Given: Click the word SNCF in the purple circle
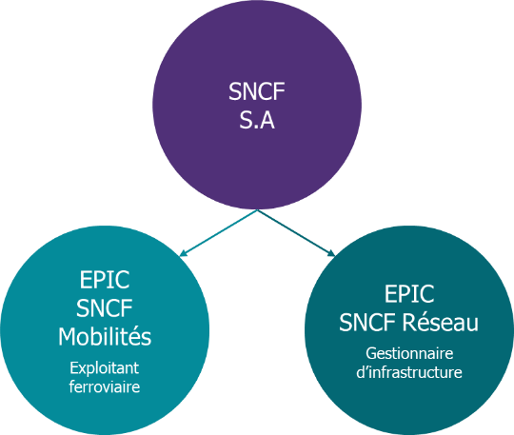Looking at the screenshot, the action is click(257, 91).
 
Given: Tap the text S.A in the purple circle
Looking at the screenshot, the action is click(257, 120).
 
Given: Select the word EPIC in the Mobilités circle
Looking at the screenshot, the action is click(105, 280).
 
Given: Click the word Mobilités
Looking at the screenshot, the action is click(105, 337).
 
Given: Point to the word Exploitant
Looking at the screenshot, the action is click(105, 368).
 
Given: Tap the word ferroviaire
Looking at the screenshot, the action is click(105, 386).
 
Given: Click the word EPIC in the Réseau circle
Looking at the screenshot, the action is click(409, 294).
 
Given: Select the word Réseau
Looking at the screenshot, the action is click(441, 323).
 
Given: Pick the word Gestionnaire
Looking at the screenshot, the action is click(409, 354).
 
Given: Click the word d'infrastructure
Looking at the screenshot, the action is click(409, 372).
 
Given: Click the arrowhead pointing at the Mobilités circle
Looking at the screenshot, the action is click(183, 253).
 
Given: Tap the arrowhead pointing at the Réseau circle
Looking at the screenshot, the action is click(331, 253).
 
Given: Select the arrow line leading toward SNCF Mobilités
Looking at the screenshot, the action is click(218, 233).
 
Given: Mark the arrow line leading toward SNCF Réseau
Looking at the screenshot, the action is click(296, 233).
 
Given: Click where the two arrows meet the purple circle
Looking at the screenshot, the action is click(257, 209).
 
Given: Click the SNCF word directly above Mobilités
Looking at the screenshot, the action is click(105, 308).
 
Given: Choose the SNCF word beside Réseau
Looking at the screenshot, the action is click(367, 323).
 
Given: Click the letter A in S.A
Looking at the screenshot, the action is click(267, 120).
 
